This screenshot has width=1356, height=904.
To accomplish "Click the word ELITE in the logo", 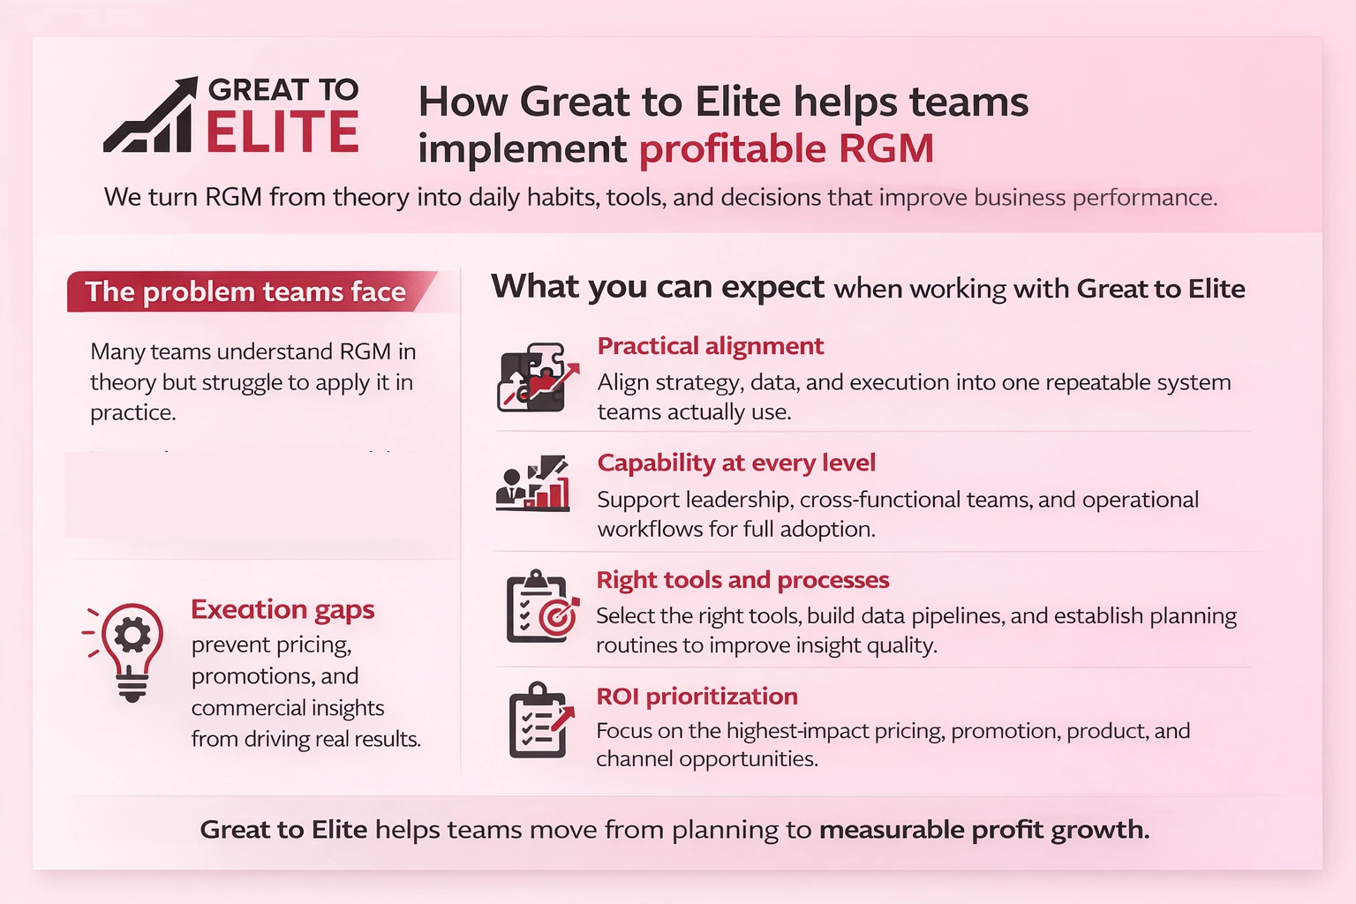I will pyautogui.click(x=282, y=132).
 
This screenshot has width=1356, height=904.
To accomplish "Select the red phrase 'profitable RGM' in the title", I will pyautogui.click(x=786, y=148).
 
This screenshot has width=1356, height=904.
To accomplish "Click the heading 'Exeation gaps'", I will pyautogui.click(x=282, y=609).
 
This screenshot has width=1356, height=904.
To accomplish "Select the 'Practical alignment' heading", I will pyautogui.click(x=710, y=346).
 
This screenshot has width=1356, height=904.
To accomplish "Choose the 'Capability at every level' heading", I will pyautogui.click(x=736, y=463).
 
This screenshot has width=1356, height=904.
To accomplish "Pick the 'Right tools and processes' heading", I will pyautogui.click(x=742, y=580).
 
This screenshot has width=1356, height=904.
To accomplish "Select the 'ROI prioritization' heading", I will pyautogui.click(x=697, y=697).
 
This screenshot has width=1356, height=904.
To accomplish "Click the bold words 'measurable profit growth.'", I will pyautogui.click(x=983, y=830).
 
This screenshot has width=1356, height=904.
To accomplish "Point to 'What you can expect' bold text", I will pyautogui.click(x=658, y=288).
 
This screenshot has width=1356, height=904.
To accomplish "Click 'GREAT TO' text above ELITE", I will pyautogui.click(x=282, y=89).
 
